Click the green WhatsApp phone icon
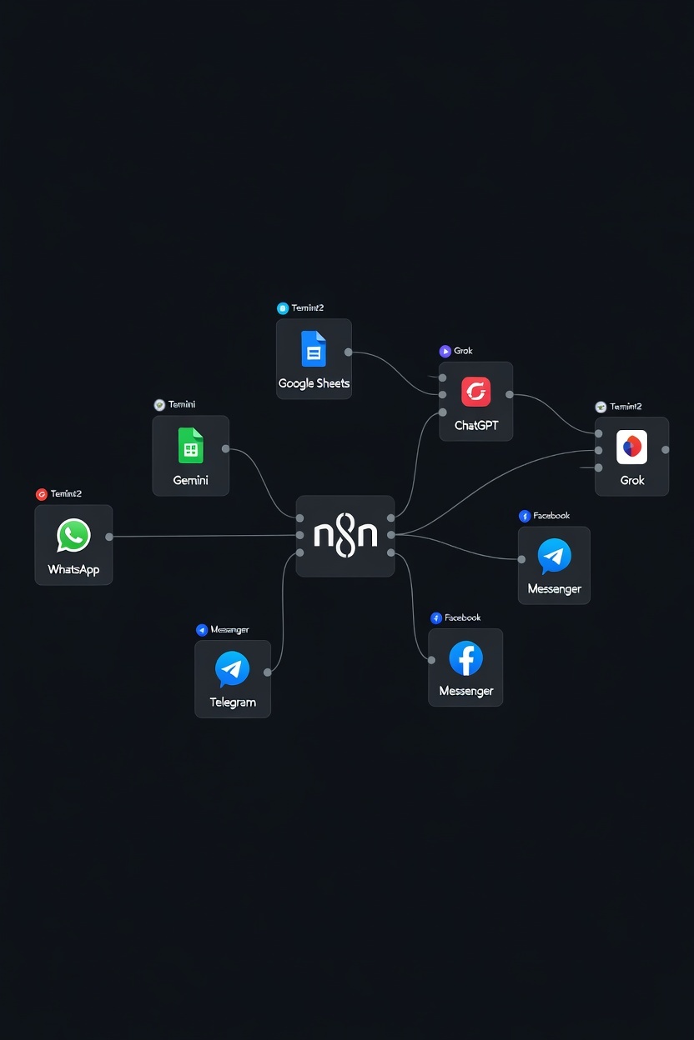(x=73, y=536)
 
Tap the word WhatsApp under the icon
(x=73, y=570)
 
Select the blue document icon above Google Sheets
(x=314, y=349)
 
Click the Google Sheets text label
(x=314, y=383)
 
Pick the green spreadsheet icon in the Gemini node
(x=190, y=446)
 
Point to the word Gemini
(x=190, y=480)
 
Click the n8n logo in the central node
(x=345, y=535)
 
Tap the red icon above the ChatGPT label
(x=475, y=391)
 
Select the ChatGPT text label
(x=475, y=425)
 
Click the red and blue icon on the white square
(x=631, y=447)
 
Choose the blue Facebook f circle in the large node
(x=465, y=658)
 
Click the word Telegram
(x=233, y=702)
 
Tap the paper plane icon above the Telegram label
(x=232, y=668)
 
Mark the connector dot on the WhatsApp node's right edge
(x=109, y=537)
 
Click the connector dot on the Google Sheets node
(x=348, y=352)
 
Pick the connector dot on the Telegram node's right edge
(x=267, y=672)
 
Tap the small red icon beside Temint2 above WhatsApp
(x=42, y=494)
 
